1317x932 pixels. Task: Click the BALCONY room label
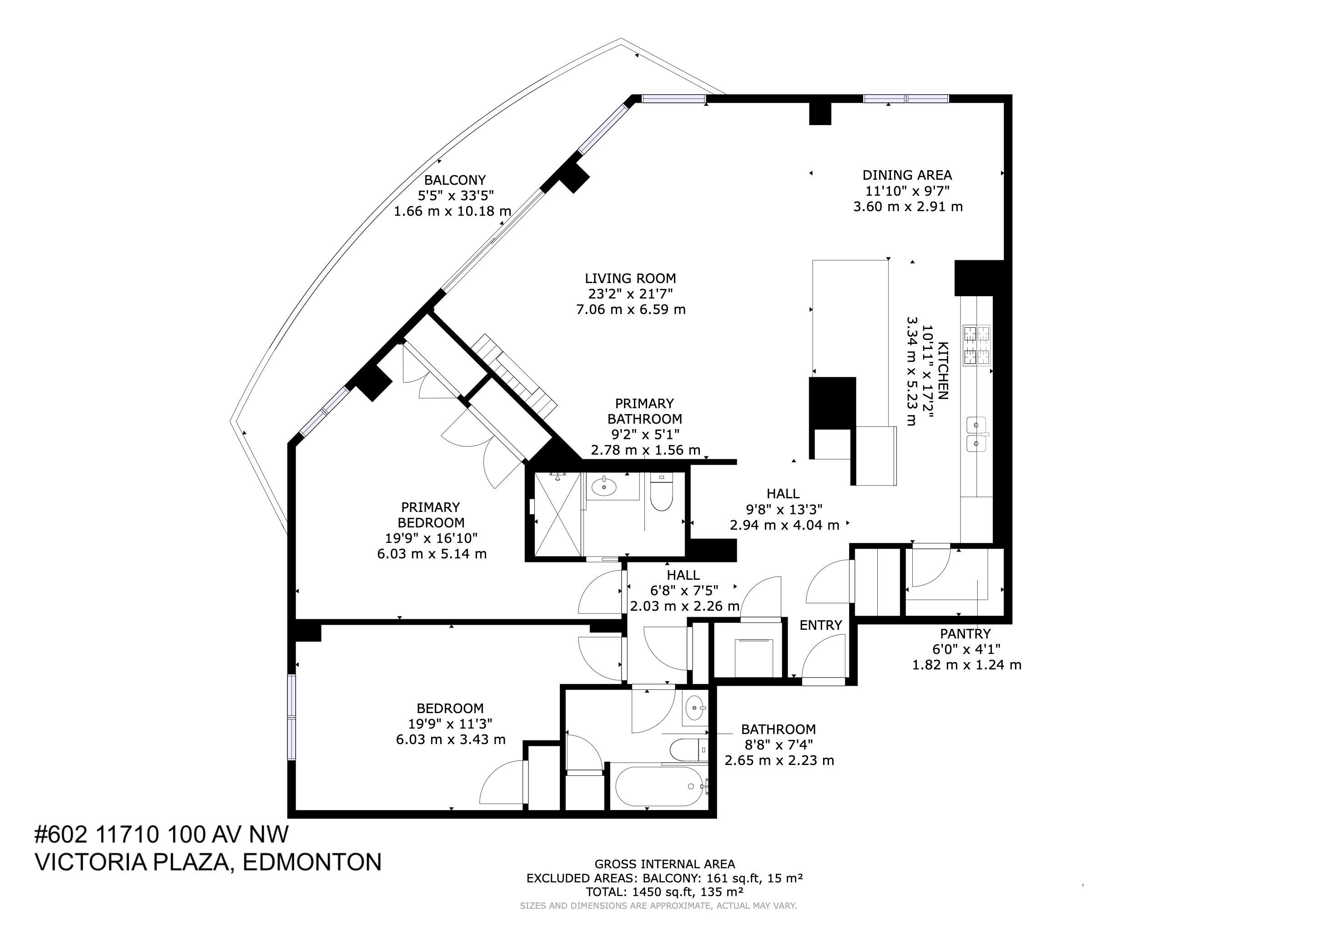pos(454,180)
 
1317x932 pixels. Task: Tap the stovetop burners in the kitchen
pos(976,345)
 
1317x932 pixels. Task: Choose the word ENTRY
pos(821,625)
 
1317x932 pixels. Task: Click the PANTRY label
pos(965,633)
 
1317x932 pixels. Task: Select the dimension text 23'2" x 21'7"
pos(630,294)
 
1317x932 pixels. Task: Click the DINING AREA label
pos(907,175)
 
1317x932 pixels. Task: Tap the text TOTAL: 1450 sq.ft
pos(664,892)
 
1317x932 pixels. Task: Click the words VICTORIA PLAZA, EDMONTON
pos(208,862)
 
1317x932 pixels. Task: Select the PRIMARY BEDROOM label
pos(431,515)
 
